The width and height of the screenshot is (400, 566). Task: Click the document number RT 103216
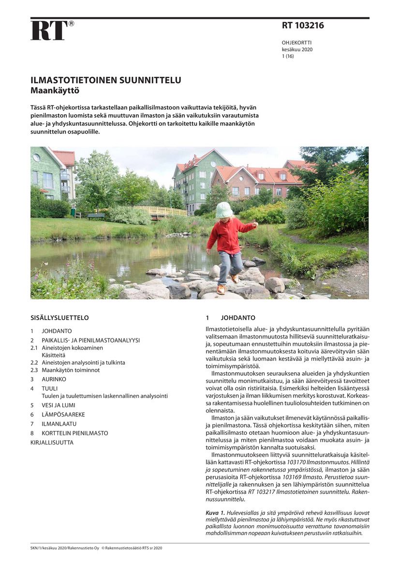303,26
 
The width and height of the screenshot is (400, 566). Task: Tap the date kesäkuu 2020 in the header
297,49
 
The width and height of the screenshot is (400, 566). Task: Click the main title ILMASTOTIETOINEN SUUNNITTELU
106,80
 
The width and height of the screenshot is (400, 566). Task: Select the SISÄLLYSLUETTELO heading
59,318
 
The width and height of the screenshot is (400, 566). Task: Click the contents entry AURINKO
54,379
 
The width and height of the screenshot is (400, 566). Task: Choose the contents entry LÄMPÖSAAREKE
63,414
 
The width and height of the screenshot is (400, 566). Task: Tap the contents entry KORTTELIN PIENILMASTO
74,433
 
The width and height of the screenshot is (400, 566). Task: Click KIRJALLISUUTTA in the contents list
52,442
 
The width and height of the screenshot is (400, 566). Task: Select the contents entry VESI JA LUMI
58,405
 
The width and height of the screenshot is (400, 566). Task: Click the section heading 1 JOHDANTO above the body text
231,318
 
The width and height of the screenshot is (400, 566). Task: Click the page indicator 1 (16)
288,56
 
